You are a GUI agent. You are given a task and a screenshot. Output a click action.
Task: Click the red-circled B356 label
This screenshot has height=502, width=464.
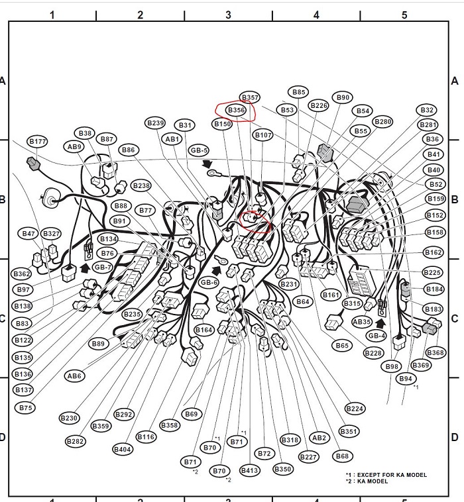(237, 110)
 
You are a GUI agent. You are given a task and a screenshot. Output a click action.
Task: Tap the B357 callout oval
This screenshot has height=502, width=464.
(250, 97)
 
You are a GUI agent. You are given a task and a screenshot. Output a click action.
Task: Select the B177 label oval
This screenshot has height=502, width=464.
(38, 142)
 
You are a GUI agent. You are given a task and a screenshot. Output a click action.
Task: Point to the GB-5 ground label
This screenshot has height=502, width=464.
(200, 150)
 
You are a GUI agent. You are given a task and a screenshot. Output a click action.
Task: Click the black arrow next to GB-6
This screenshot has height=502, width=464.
(217, 270)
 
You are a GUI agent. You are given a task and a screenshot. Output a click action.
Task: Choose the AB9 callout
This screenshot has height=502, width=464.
(74, 146)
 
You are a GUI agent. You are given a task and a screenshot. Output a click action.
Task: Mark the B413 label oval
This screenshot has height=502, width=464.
(250, 470)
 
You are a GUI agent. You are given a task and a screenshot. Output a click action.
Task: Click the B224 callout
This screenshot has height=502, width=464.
(355, 409)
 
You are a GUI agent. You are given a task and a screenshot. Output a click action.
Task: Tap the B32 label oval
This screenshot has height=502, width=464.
(427, 110)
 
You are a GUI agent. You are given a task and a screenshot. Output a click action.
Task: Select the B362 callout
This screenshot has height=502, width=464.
(21, 274)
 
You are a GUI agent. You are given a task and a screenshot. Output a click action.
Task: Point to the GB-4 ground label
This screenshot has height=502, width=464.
(377, 336)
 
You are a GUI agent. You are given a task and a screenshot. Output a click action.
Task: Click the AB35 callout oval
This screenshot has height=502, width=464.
(362, 322)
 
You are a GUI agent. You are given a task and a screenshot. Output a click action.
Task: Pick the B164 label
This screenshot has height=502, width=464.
(204, 330)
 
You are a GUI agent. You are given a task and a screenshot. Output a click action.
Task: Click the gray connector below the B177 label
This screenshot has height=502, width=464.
(33, 164)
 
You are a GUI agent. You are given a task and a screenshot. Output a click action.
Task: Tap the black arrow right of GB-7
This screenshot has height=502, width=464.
(85, 268)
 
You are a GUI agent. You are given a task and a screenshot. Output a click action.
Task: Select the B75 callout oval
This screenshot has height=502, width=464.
(25, 407)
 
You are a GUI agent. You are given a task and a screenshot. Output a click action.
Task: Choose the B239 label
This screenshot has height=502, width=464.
(155, 123)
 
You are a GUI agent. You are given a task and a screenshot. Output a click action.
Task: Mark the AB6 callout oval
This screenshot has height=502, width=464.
(74, 376)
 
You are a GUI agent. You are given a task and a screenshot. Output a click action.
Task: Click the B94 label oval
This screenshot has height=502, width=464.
(406, 379)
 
